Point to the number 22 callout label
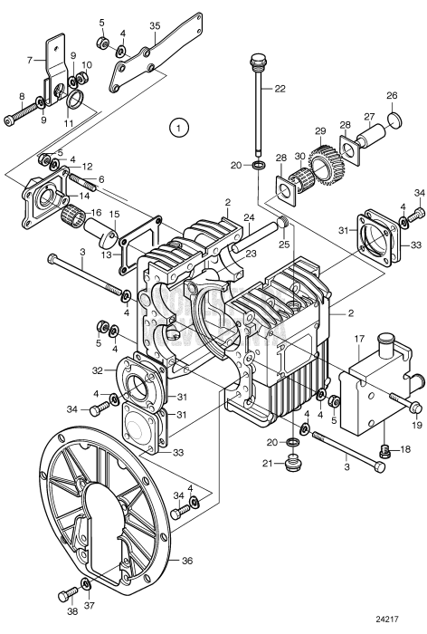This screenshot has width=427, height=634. tap(280, 88)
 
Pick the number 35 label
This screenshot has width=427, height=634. tap(155, 25)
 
